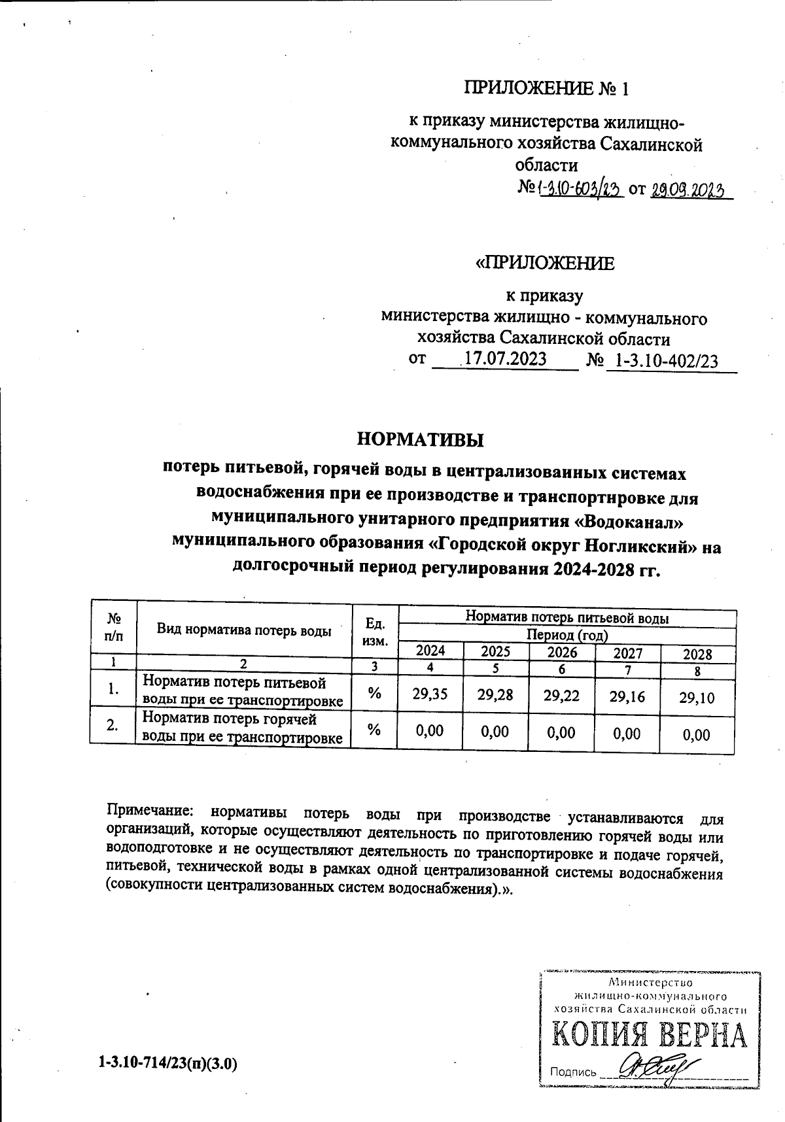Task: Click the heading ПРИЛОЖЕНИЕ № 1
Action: tap(546, 88)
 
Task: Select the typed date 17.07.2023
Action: tap(504, 360)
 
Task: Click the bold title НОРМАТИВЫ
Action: tap(420, 439)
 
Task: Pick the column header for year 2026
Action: tap(562, 652)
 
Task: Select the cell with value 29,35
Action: tap(430, 694)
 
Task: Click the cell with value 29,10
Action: tap(697, 697)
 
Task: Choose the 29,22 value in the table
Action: tap(561, 696)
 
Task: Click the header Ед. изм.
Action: tap(375, 632)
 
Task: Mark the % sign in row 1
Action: tap(375, 694)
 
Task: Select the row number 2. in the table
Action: tap(113, 726)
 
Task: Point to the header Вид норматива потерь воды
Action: tap(244, 631)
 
